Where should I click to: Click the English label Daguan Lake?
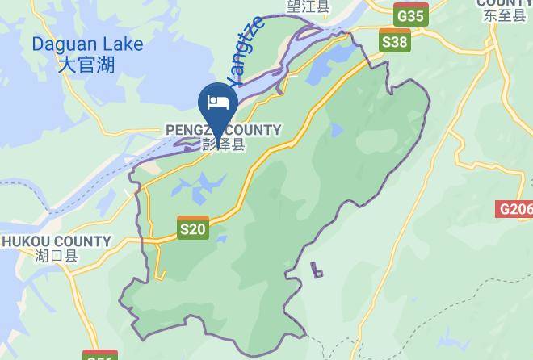click(x=87, y=45)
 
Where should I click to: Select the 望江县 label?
click(x=308, y=6)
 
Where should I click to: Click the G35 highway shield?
click(x=409, y=15)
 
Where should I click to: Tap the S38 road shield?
click(x=395, y=42)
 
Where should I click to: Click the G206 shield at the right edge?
click(x=516, y=210)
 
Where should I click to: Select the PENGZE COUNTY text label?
click(x=223, y=130)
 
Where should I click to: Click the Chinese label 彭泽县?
click(x=223, y=145)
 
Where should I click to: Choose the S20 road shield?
click(x=193, y=229)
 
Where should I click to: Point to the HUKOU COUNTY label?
click(x=56, y=241)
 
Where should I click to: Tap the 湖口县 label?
click(x=56, y=257)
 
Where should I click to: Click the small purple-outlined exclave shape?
click(x=317, y=270)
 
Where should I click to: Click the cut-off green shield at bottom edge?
click(x=100, y=355)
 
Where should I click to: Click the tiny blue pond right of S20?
click(x=220, y=238)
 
